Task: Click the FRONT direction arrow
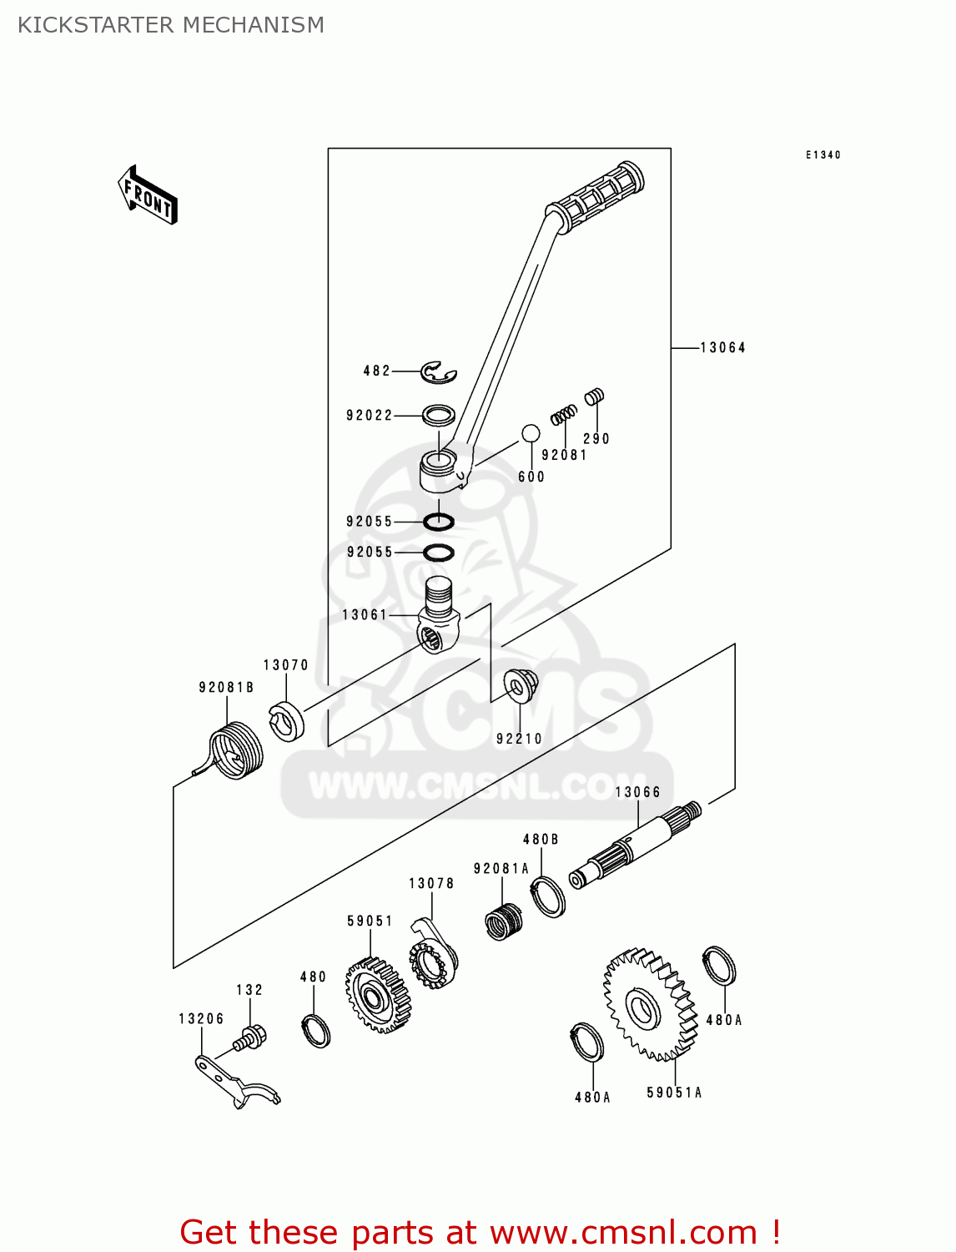click(148, 195)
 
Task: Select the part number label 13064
click(722, 347)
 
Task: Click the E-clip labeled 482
click(438, 372)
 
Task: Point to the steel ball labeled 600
click(531, 433)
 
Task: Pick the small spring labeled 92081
click(564, 414)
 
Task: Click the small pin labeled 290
click(594, 397)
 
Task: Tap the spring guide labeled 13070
click(286, 720)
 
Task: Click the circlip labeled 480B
click(548, 897)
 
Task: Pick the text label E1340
click(823, 155)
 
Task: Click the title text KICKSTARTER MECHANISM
click(171, 25)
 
